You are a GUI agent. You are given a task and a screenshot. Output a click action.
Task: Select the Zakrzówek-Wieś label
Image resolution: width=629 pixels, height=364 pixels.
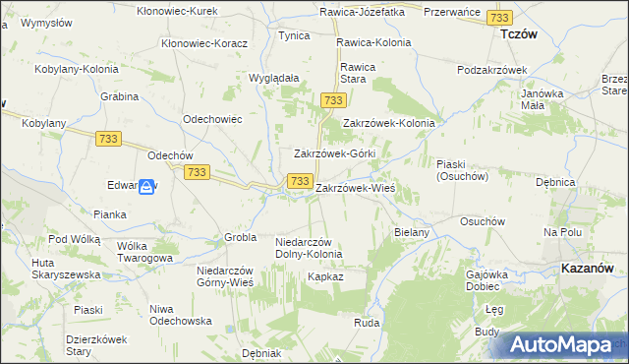[x=355, y=187]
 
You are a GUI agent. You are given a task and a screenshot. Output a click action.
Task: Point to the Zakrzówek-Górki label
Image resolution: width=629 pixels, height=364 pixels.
[x=335, y=154]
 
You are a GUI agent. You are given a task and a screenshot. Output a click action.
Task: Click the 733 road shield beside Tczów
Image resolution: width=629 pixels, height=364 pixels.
[x=500, y=19]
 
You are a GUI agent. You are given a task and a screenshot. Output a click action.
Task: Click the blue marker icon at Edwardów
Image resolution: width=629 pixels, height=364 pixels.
[x=145, y=186]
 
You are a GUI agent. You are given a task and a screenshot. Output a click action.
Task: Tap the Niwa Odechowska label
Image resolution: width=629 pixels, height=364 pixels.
[x=181, y=315]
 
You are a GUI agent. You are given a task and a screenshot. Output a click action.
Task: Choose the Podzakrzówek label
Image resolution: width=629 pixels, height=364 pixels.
[x=493, y=70]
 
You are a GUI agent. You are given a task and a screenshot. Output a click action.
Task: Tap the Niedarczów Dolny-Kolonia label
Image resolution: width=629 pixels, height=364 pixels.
[x=309, y=248]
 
